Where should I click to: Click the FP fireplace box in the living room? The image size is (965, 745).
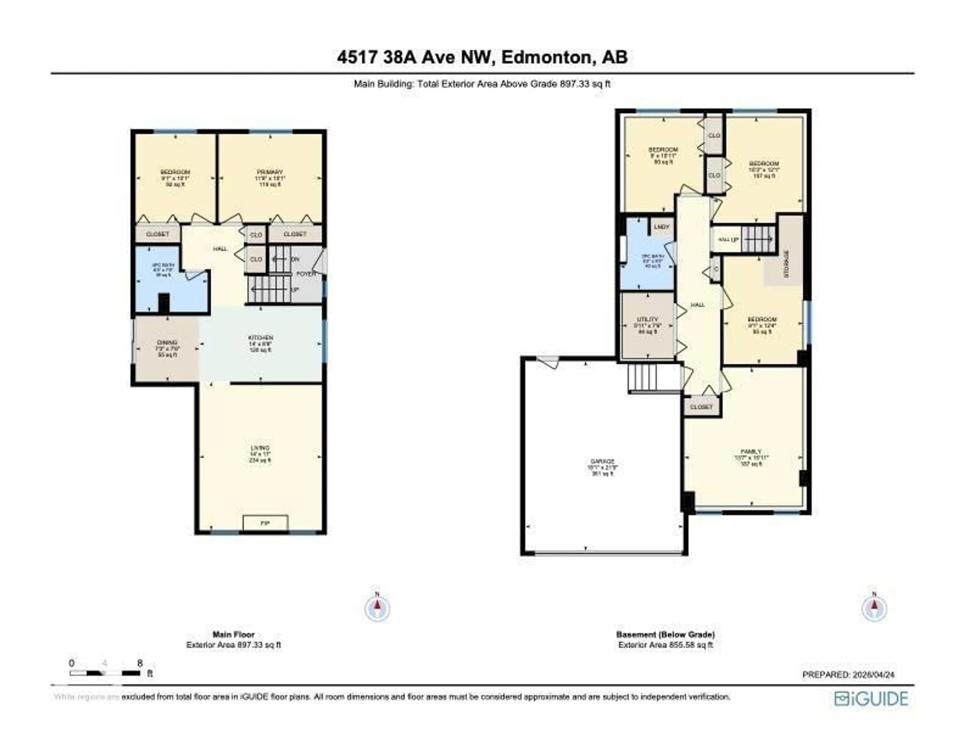click(x=265, y=523)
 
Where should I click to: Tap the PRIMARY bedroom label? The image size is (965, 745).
click(x=270, y=172)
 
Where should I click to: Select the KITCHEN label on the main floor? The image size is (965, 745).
click(x=260, y=338)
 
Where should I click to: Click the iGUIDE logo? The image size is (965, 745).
click(x=871, y=699)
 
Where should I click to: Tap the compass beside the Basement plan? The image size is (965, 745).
click(x=874, y=609)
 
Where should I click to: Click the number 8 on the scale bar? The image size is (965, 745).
click(x=140, y=663)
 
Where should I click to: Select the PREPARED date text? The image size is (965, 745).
click(x=848, y=675)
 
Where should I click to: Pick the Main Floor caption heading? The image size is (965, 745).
click(x=234, y=635)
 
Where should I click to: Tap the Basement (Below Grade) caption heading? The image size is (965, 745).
click(x=665, y=635)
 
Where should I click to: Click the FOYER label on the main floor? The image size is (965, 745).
click(x=306, y=274)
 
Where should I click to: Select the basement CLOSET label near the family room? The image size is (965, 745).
click(x=701, y=407)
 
